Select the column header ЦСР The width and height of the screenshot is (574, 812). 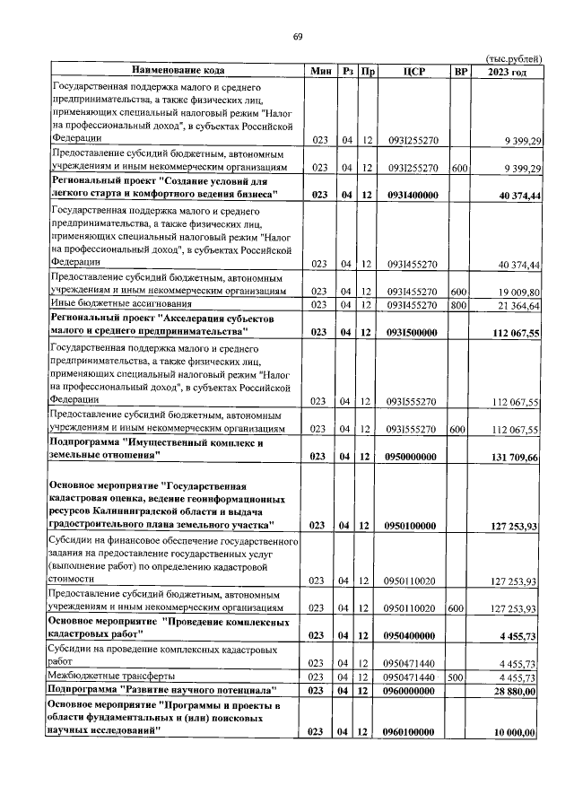(413, 70)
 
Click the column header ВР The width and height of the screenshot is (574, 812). (460, 70)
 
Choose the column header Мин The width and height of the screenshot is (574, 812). (321, 70)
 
